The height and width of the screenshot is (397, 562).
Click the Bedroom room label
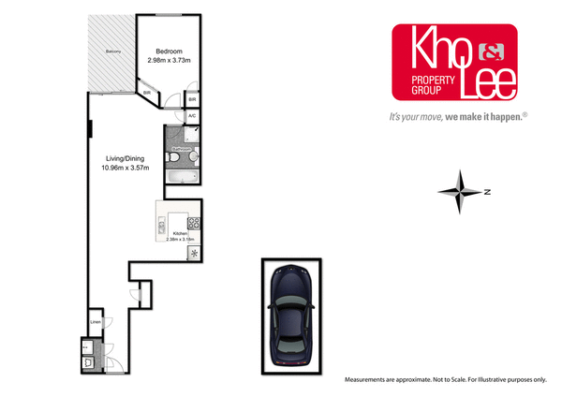coord(169,51)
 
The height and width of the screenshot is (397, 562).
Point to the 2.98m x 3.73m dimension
coord(169,60)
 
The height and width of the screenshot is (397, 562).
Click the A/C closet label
coord(192,115)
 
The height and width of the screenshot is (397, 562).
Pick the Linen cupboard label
coord(95,323)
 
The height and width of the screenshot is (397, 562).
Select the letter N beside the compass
coord(488,193)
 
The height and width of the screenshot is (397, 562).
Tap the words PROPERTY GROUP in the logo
coord(432,88)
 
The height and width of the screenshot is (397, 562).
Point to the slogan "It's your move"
coord(417,117)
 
